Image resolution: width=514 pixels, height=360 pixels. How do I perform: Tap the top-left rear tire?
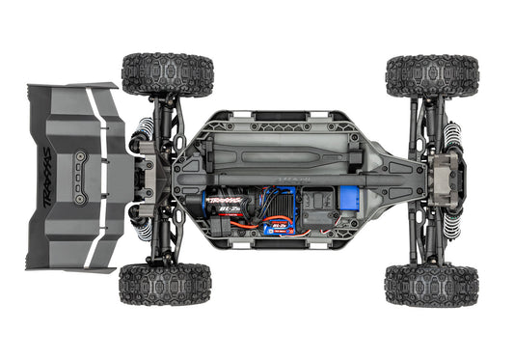167,74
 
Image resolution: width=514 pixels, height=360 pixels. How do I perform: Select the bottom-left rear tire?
165,285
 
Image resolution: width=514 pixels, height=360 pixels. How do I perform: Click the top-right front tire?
431,75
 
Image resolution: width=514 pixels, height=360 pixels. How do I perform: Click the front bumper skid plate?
454,180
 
